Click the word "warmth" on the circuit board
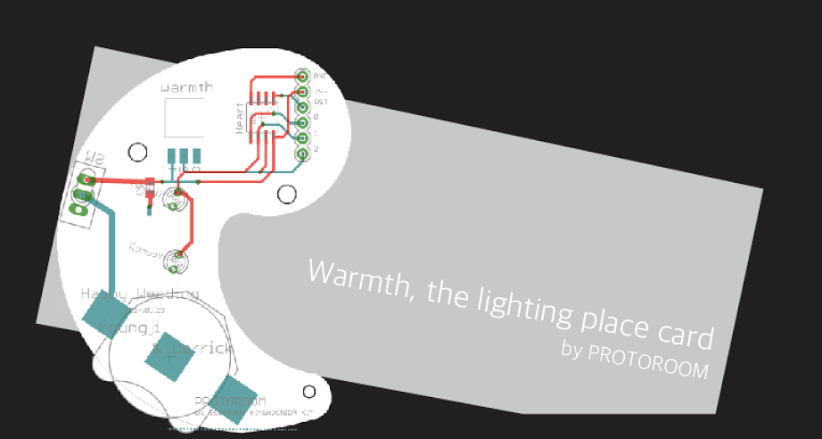(x=186, y=88)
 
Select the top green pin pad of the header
(x=302, y=77)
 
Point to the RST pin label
(x=321, y=103)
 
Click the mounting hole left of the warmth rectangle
(x=137, y=152)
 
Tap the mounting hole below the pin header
(x=286, y=193)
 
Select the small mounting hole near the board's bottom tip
(x=308, y=391)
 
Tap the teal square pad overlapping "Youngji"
(x=104, y=314)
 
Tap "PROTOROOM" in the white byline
(x=647, y=360)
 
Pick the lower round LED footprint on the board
(x=175, y=261)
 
